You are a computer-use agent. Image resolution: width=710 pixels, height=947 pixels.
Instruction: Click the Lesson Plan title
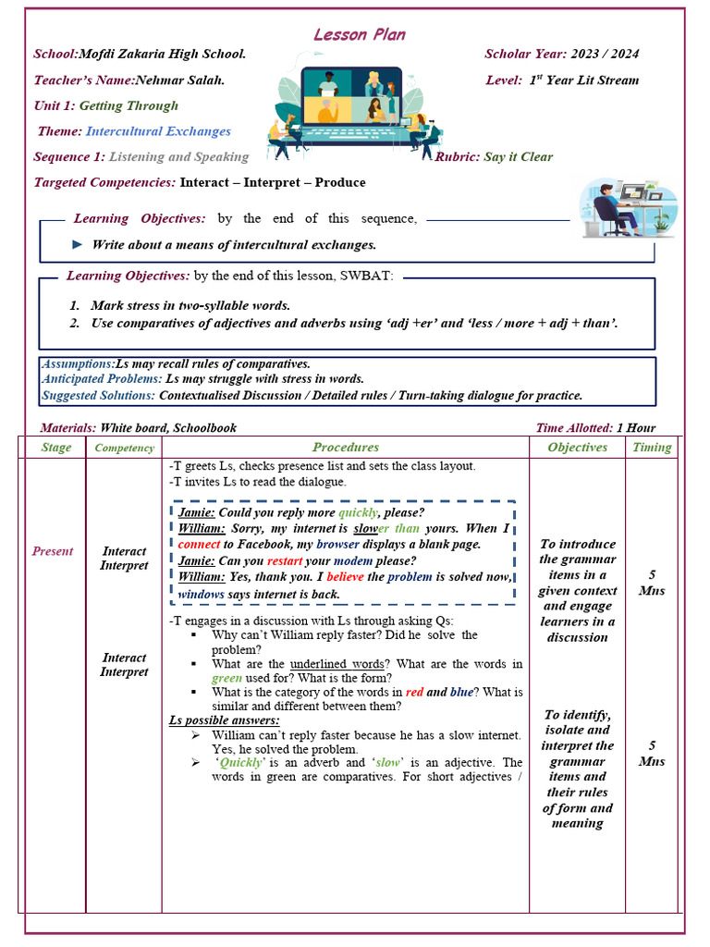(359, 35)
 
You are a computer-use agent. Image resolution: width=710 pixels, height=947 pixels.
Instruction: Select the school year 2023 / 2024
(606, 55)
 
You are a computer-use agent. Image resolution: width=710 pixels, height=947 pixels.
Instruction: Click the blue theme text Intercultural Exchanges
(158, 131)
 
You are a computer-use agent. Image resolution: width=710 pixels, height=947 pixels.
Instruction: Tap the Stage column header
(55, 448)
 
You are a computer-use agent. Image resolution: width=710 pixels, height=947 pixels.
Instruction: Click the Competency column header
(125, 449)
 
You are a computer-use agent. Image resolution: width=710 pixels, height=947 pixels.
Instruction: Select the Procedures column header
(345, 448)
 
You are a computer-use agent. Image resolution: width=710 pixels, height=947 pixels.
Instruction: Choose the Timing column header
(652, 448)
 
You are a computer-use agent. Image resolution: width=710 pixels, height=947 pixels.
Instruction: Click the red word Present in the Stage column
(53, 551)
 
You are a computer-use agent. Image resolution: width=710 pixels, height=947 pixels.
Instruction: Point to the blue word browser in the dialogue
(337, 545)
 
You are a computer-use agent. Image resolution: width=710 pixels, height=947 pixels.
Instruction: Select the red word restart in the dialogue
(285, 560)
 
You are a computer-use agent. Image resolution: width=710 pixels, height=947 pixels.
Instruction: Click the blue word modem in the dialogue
(353, 560)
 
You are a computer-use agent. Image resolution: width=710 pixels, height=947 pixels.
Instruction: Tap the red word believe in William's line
(345, 577)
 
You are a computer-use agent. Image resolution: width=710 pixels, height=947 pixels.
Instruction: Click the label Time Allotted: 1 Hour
(595, 428)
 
